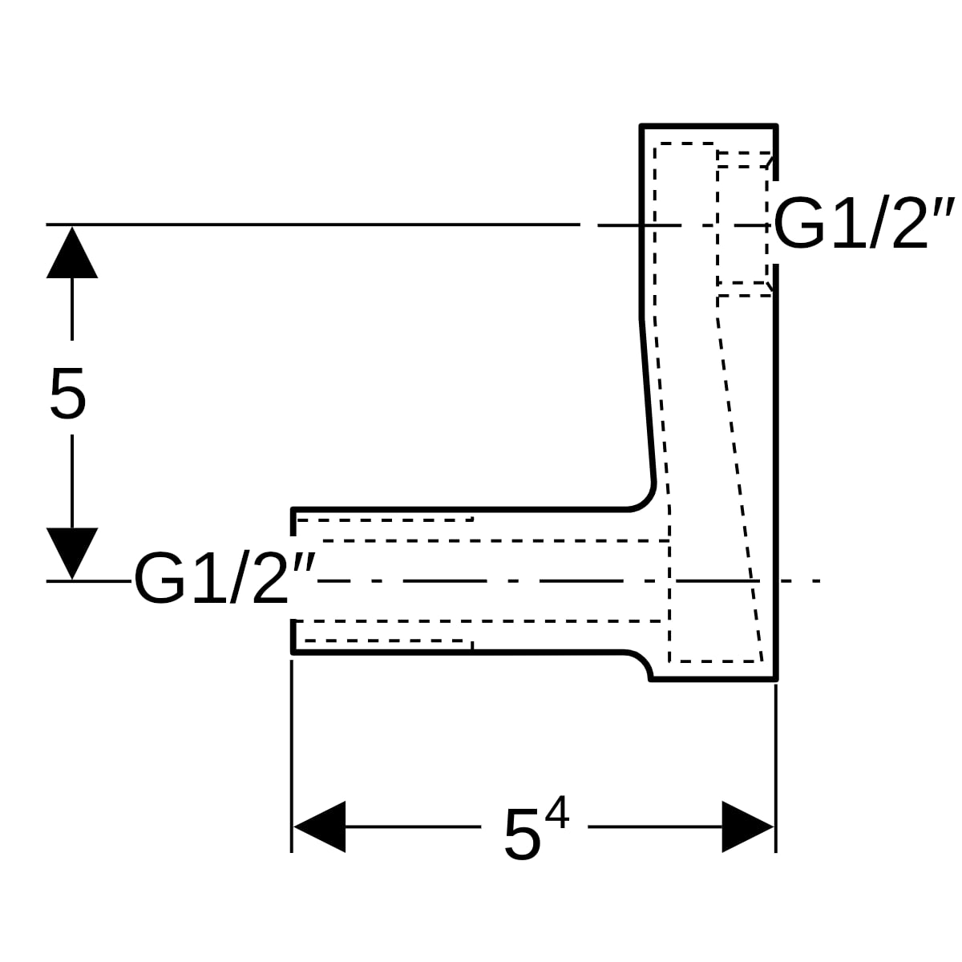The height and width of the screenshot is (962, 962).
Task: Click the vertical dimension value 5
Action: (68, 394)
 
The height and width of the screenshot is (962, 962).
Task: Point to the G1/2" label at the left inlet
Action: (225, 578)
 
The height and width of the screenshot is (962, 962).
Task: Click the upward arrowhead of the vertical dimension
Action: (72, 253)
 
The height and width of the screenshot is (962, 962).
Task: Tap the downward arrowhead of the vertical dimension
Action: (72, 553)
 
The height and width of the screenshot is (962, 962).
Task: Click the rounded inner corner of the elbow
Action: (646, 501)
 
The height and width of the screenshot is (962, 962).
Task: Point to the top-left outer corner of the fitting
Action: (641, 125)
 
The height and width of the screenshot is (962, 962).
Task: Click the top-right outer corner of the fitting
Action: (776, 125)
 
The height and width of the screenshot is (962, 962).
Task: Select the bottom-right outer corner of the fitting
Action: (776, 679)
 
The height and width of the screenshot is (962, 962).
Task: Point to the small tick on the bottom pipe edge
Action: (471, 645)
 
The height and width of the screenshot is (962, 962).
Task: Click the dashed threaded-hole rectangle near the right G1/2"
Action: (742, 224)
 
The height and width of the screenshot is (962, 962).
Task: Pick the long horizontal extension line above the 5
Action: (313, 224)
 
